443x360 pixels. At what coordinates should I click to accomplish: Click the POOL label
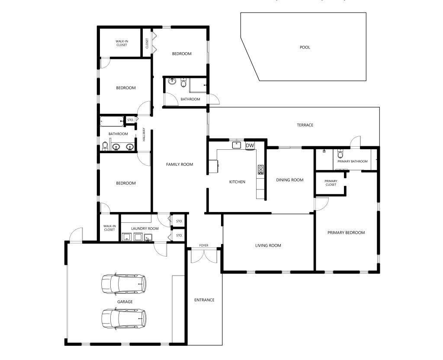(x=305, y=47)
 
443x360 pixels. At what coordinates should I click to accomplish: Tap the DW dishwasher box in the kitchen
(x=250, y=145)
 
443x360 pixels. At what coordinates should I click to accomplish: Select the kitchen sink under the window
(x=237, y=145)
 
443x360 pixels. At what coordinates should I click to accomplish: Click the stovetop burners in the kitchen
(x=260, y=170)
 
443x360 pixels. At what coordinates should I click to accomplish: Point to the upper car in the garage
(x=124, y=283)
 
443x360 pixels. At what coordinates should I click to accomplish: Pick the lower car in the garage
(x=124, y=319)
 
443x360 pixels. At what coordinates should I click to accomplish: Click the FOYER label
(x=204, y=245)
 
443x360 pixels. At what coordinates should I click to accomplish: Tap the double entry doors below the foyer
(x=204, y=256)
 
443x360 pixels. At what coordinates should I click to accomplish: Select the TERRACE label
(x=305, y=125)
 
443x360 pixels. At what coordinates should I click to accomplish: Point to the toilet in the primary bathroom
(x=340, y=154)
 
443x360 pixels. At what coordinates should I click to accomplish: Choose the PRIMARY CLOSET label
(x=331, y=183)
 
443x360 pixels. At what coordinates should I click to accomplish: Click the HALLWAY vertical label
(x=144, y=135)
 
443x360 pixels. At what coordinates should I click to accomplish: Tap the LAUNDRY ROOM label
(x=145, y=228)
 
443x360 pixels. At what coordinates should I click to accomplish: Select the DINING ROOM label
(x=290, y=180)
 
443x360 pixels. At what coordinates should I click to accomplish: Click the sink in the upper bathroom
(x=171, y=81)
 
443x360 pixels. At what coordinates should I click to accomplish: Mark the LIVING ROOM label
(x=268, y=246)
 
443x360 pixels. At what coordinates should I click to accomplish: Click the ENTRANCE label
(x=204, y=300)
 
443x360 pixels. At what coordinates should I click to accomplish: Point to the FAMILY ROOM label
(x=180, y=164)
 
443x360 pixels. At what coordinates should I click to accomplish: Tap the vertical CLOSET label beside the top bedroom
(x=147, y=44)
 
